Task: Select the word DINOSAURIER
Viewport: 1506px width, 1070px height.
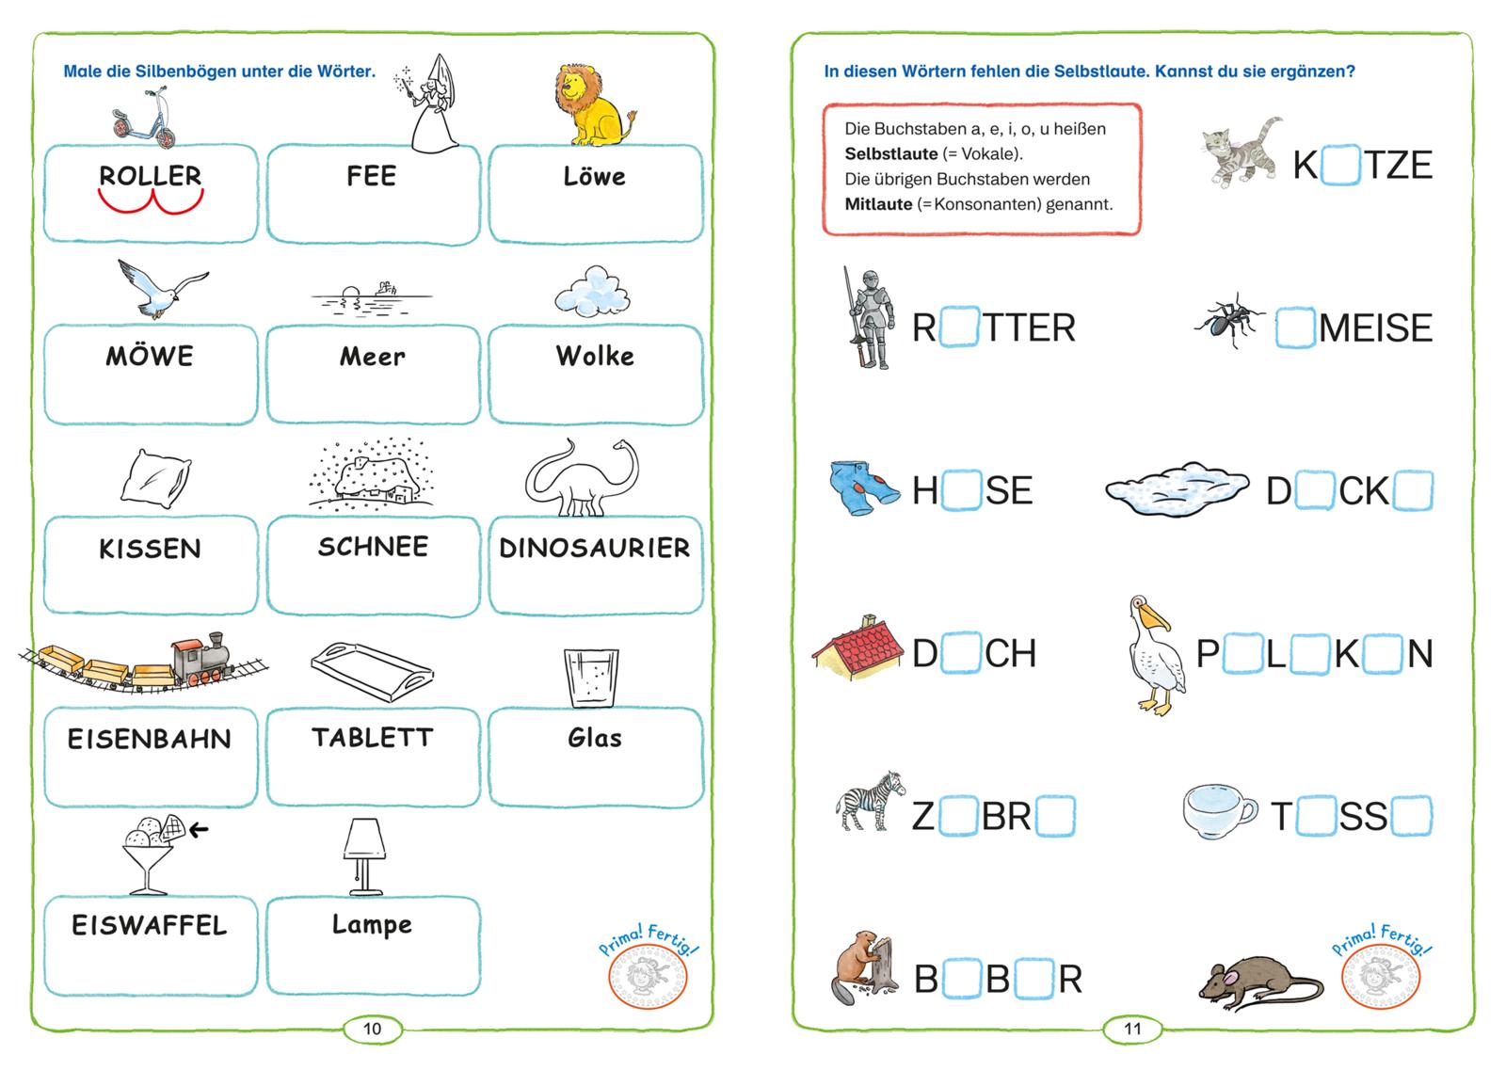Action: [x=595, y=548]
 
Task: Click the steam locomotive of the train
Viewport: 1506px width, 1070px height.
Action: [x=201, y=660]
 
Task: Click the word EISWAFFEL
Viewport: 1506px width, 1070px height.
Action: [x=150, y=925]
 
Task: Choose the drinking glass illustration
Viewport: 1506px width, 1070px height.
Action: [x=592, y=678]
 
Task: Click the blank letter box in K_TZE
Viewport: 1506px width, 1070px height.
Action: [x=1340, y=165]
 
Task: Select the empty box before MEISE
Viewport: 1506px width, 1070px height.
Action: [x=1295, y=327]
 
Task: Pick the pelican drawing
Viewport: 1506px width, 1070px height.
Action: [x=1154, y=655]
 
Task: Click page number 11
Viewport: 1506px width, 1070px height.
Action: [x=1132, y=1029]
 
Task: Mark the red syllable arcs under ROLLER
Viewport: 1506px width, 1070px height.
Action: [x=151, y=201]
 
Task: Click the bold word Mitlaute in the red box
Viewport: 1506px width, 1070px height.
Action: [x=878, y=204]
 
